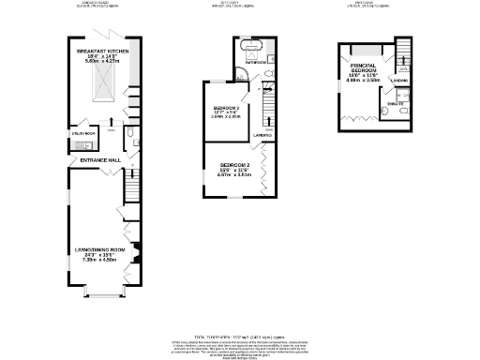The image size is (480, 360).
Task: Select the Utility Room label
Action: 83,135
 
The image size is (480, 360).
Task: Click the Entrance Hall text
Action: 101,160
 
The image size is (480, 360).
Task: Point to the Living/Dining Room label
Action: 99,248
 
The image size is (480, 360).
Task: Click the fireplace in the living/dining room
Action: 135,248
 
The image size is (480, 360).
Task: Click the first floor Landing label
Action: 262,135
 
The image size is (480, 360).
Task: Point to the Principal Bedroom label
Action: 364,67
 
